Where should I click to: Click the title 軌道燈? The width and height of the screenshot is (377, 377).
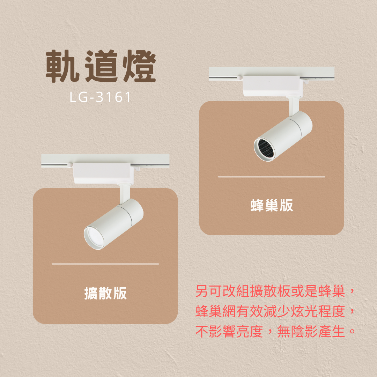pos(101,66)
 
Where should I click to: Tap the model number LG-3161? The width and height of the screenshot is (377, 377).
pos(101,97)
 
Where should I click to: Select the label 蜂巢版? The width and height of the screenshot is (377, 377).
pos(272,205)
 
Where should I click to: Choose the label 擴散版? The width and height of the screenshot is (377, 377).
pos(105,293)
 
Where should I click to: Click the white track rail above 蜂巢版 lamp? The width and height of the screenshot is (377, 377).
pos(272,73)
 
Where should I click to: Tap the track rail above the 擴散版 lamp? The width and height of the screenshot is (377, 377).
pos(105,161)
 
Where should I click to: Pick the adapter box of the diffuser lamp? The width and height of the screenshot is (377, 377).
pos(103,173)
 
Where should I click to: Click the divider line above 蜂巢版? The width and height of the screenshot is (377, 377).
pos(272,177)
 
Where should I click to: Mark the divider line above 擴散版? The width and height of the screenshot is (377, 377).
pos(105,264)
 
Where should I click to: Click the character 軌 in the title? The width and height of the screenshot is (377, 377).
pos(62,66)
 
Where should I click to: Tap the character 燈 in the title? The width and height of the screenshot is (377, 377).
pos(139,66)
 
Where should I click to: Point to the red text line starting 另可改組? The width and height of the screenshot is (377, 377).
pos(275,291)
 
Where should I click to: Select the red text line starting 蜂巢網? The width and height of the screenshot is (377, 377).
pos(275,311)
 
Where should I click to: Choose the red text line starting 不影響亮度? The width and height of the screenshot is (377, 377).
pos(275,331)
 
